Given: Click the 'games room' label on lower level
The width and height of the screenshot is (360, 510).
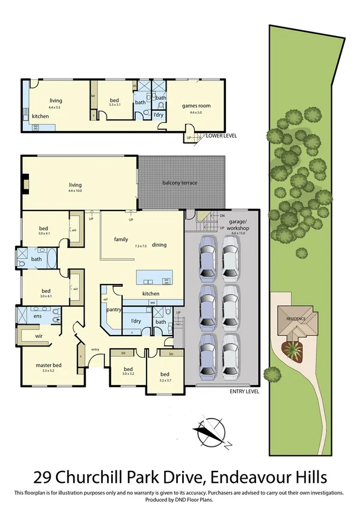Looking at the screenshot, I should tap(196, 106).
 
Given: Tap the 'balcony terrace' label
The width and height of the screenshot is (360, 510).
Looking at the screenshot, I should tap(180, 183).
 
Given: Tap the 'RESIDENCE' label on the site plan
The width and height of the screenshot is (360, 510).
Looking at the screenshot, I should tap(296, 319).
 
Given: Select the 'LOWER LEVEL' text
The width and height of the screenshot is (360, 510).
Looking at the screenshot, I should tap(221, 136).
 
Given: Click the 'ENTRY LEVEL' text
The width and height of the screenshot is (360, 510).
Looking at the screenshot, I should tap(245, 392).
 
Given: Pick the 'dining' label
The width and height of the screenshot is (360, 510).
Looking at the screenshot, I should tap(159, 245).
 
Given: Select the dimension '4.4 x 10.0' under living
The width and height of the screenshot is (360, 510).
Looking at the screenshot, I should tap(75, 191).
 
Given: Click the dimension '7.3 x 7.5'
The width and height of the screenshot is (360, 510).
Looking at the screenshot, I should tap(141, 246).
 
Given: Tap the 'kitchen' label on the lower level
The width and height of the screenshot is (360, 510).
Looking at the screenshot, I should tap(40, 116).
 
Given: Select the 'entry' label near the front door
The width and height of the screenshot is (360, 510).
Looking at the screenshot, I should tap(95, 349).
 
